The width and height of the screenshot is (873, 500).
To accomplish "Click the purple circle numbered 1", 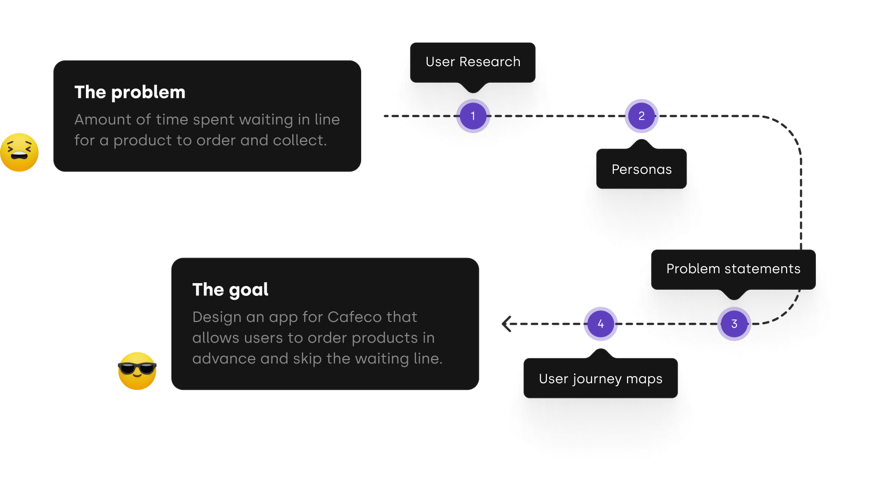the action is tap(473, 116).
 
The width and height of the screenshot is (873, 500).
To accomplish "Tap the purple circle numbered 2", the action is tap(641, 116).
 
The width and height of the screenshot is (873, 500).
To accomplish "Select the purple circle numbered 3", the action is tap(734, 324).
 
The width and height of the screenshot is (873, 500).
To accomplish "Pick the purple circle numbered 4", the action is tap(601, 324).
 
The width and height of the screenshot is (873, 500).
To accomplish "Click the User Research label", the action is tap(473, 62).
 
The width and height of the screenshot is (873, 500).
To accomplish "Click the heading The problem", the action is tap(130, 92).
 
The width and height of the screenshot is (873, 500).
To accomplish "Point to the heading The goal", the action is tap(230, 290).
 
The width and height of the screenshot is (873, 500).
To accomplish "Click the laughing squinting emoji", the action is tap(19, 152).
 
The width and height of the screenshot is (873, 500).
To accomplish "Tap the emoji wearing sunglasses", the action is tap(137, 371).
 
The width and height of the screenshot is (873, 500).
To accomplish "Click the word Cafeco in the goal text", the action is tap(348, 317).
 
